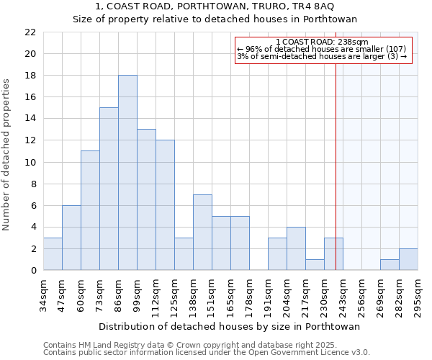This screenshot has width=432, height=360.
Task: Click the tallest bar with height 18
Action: pyautogui.click(x=127, y=173)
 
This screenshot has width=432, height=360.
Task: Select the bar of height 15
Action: pyautogui.click(x=109, y=189)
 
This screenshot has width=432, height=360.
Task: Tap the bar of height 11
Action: pyautogui.click(x=90, y=210)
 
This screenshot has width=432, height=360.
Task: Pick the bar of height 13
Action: pyautogui.click(x=146, y=199)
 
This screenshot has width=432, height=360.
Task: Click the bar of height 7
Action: pyautogui.click(x=202, y=232)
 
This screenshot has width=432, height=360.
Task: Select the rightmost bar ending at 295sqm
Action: pyautogui.click(x=408, y=259)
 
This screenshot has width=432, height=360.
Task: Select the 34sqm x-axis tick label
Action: pyautogui.click(x=43, y=294)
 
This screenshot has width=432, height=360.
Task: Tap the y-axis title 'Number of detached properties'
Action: pyautogui.click(x=7, y=151)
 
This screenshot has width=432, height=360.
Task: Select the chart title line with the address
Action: pyautogui.click(x=215, y=6)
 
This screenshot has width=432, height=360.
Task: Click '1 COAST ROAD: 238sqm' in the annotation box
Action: pyautogui.click(x=322, y=42)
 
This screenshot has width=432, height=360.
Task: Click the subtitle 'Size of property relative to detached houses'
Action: pyautogui.click(x=215, y=19)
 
